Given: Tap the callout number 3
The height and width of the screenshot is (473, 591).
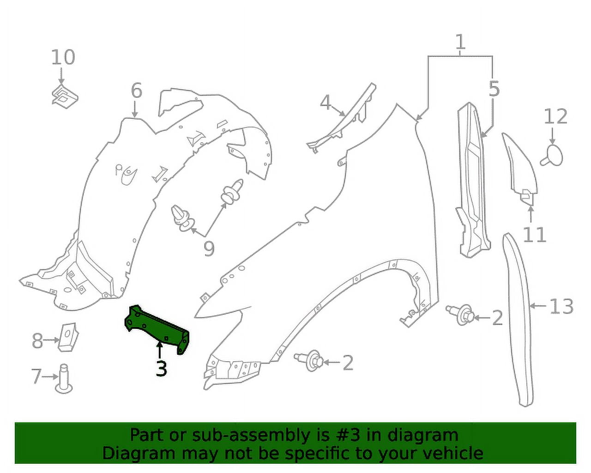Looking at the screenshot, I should (x=161, y=369).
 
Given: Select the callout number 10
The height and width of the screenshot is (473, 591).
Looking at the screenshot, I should (x=63, y=57).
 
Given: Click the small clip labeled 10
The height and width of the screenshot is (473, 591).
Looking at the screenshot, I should (x=64, y=95).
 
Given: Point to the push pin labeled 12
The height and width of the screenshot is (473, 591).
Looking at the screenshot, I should (x=552, y=155).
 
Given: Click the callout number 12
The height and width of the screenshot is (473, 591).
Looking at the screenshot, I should (x=555, y=116).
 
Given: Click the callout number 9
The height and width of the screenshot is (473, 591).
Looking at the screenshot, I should (x=209, y=249).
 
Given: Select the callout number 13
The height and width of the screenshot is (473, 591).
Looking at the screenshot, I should (x=561, y=306).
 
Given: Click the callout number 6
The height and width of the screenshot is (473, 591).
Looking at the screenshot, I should (x=136, y=91).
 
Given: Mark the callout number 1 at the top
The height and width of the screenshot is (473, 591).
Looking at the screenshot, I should (x=460, y=42).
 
